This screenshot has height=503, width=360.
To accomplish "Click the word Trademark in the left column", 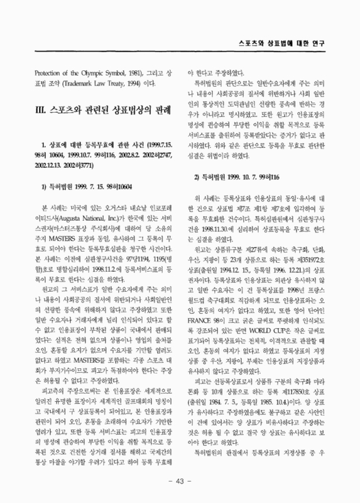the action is (x=74, y=84).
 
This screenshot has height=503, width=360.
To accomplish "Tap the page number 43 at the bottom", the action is (x=180, y=481).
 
